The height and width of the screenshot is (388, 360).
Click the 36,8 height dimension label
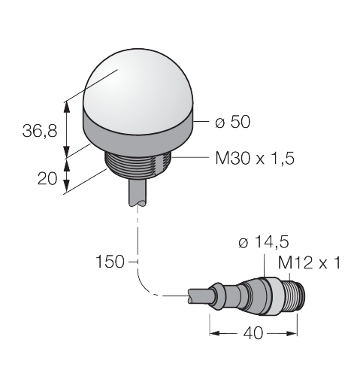tap(40, 131)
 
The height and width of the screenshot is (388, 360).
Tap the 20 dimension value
tap(47, 179)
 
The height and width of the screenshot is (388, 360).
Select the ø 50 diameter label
tap(232, 122)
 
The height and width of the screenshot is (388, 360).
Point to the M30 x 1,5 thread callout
tap(255, 159)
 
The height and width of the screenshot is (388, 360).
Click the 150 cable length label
tap(110, 262)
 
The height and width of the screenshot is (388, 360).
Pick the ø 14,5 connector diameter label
tap(264, 242)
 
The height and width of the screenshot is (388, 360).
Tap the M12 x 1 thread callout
tap(310, 263)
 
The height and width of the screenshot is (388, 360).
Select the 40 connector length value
tap(253, 333)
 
